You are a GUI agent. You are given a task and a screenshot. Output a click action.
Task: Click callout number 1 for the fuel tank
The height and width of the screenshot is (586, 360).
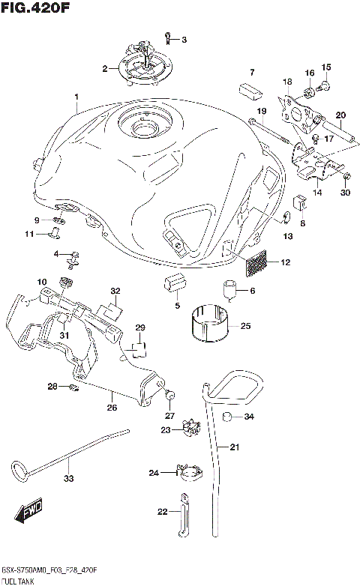click(x=76, y=97)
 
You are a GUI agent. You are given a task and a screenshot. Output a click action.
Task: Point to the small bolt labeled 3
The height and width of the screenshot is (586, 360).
click(x=170, y=35)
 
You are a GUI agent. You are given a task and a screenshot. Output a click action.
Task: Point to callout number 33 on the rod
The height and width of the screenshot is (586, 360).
click(x=69, y=479)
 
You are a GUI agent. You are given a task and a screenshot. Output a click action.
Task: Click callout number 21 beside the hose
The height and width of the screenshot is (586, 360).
click(x=234, y=447)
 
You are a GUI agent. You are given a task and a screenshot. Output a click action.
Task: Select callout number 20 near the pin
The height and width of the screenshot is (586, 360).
click(x=340, y=115)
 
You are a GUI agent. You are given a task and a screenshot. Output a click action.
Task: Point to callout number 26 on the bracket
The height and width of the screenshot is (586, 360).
click(x=112, y=408)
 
